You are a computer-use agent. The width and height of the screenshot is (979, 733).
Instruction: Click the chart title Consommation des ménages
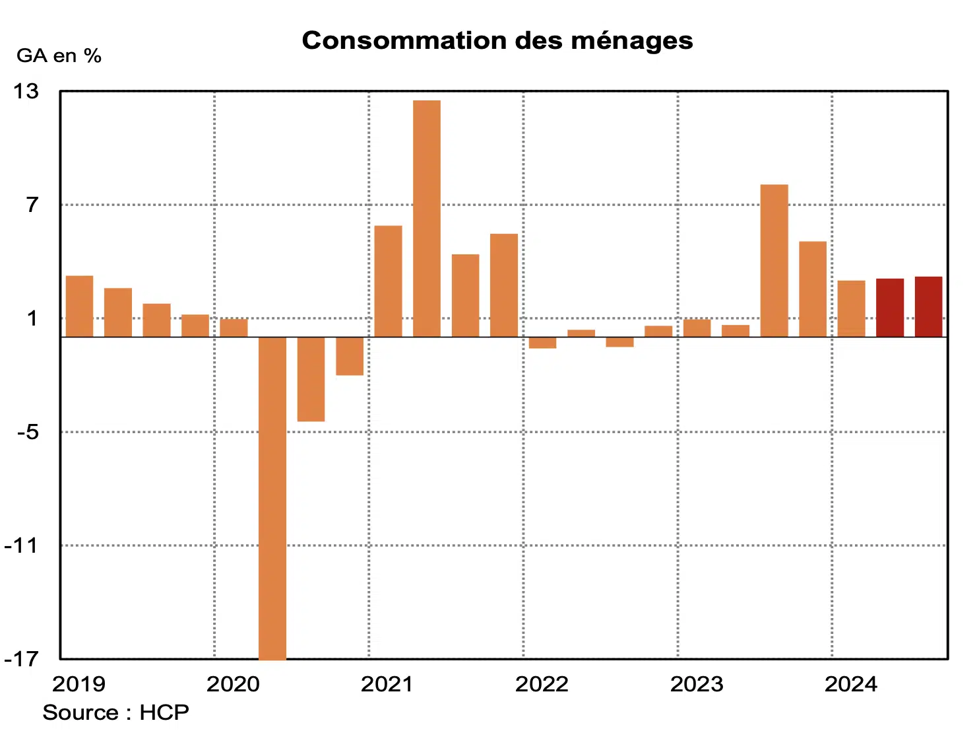coord(497,41)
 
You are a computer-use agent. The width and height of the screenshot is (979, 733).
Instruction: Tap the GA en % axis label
coord(59,56)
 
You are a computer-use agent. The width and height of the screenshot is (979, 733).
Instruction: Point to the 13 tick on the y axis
coord(26,91)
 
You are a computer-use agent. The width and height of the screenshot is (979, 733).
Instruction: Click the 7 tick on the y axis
coord(32,205)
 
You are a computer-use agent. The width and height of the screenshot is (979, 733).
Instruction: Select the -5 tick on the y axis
coord(28,432)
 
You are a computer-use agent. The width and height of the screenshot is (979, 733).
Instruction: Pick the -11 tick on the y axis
coord(22,545)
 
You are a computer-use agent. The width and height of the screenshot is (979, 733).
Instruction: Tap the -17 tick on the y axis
coord(22,659)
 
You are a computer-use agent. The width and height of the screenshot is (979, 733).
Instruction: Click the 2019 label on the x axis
coord(79,684)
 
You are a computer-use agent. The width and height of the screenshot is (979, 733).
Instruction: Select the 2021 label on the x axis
coord(387,684)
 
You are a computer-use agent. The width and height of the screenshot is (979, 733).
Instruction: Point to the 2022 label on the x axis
coord(542,684)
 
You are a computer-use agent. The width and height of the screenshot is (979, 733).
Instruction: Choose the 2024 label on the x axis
coord(851,684)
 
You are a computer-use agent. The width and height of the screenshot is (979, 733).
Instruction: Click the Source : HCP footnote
coord(116,713)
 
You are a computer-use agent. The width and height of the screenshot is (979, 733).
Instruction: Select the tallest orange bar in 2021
coord(427,218)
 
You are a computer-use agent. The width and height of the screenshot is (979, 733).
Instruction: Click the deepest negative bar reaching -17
coord(272,498)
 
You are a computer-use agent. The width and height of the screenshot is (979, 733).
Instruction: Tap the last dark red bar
coord(928,306)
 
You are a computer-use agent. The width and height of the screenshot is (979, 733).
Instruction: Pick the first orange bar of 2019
coord(80,306)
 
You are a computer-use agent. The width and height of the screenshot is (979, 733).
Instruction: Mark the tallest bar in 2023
coord(774,260)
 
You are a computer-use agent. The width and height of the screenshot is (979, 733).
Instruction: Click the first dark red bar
coord(890,308)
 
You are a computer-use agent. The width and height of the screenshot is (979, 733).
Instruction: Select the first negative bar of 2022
coord(542,343)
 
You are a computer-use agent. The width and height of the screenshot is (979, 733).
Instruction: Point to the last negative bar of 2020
coord(350,356)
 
